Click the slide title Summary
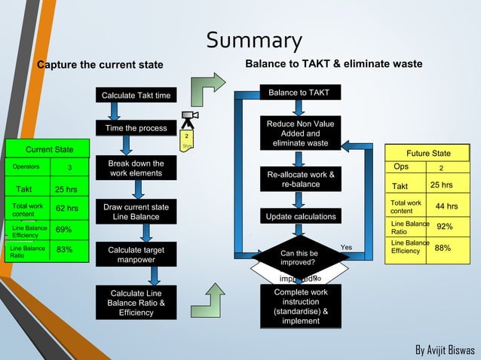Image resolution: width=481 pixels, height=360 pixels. point(254,41)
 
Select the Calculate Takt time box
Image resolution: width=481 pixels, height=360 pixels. point(136,96)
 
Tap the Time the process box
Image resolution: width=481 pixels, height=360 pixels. point(136,129)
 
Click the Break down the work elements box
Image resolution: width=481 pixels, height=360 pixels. point(136,169)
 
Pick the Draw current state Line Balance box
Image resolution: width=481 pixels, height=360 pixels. point(136,212)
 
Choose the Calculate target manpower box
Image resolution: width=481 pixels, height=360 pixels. point(136,255)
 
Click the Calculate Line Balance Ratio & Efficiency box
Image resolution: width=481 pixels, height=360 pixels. point(136,303)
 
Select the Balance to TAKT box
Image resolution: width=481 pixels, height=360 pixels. point(299,93)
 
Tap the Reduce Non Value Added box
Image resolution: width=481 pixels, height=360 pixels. point(300,133)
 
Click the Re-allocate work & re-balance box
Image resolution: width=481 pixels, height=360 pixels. point(300,180)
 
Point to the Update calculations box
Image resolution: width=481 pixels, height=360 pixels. point(300,218)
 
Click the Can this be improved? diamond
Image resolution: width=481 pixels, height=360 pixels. point(299,258)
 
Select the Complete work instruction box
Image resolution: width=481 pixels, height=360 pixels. point(300,307)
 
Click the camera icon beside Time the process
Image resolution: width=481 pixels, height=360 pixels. point(189,118)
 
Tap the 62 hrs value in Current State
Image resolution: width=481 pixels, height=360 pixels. point(66,209)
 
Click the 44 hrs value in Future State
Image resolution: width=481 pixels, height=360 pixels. point(446,206)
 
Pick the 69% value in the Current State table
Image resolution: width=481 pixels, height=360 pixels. point(64,230)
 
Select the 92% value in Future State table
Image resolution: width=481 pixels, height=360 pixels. point(445,227)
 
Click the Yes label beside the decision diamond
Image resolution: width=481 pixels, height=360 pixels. point(346,247)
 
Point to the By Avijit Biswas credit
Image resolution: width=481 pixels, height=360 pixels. point(445,350)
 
